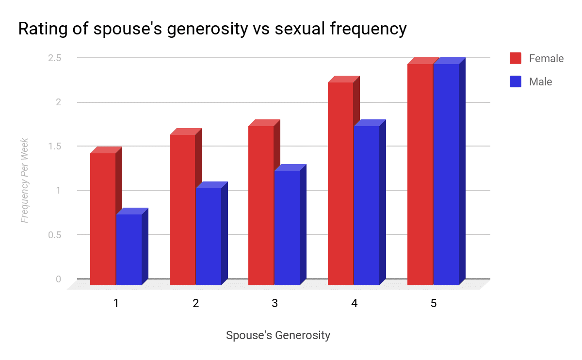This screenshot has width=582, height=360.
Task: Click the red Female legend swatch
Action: coord(516,58)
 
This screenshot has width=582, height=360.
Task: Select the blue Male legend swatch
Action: coord(516,82)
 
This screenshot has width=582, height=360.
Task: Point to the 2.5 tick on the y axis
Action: coord(54,58)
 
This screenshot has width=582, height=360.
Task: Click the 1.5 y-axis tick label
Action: coord(54,147)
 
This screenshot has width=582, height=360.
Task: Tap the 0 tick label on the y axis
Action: coord(59,279)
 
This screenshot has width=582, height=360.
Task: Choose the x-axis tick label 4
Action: coord(354,303)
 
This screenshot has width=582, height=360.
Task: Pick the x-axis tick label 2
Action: coord(195,303)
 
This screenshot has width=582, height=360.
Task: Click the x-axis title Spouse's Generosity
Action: coord(278,335)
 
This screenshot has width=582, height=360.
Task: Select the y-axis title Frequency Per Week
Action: coord(24,180)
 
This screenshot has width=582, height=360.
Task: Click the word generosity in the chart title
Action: coord(208,29)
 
